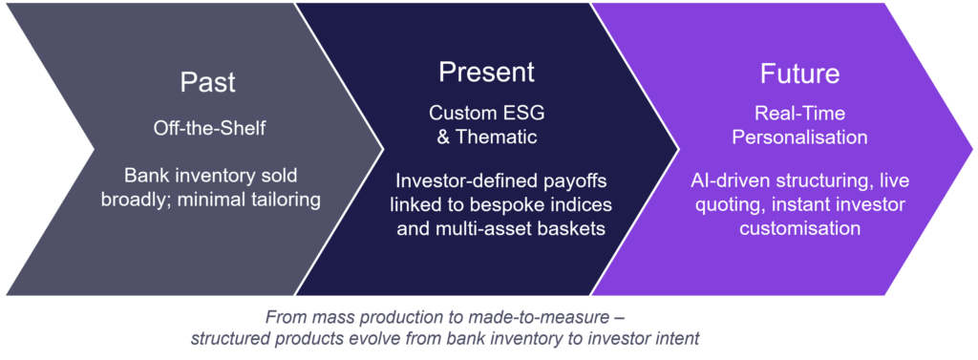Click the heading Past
pyautogui.click(x=207, y=83)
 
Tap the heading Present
pyautogui.click(x=486, y=73)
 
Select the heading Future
pyautogui.click(x=799, y=74)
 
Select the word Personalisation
pyautogui.click(x=799, y=137)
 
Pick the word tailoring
pyautogui.click(x=286, y=201)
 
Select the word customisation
pyautogui.click(x=799, y=228)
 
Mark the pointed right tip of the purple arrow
pyautogui.click(x=971, y=150)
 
